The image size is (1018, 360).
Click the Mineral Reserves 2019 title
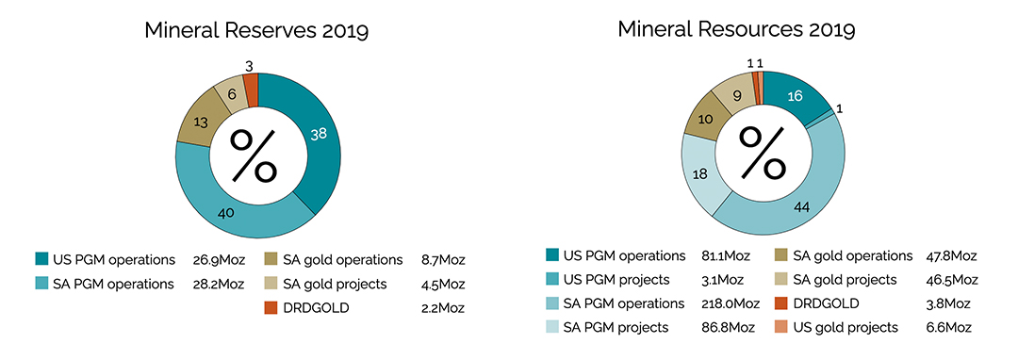pos(255,30)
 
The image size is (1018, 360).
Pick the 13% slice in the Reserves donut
pos(200,122)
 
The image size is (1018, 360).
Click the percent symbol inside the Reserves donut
pos(255,155)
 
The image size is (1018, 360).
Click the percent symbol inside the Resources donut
pos(762,154)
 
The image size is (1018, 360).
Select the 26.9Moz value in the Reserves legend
pos(213,259)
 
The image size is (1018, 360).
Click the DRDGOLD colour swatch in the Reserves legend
pos(271,307)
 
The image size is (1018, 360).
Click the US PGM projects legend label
pos(616,280)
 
